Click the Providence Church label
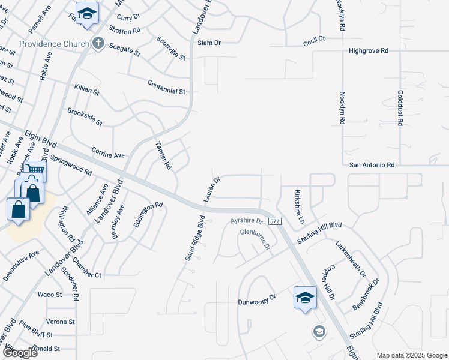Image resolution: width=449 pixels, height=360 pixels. pyautogui.click(x=54, y=44)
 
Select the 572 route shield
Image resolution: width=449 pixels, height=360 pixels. pyautogui.click(x=275, y=221)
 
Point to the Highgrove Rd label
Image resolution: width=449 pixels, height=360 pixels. pyautogui.click(x=369, y=51)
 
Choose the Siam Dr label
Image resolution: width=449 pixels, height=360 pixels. pyautogui.click(x=209, y=43)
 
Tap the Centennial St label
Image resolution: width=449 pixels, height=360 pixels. pyautogui.click(x=166, y=91)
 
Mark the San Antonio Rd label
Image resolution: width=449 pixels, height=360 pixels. pyautogui.click(x=372, y=164)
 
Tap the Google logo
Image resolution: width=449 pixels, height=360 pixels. pyautogui.click(x=20, y=353)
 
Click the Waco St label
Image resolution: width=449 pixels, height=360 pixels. pyautogui.click(x=50, y=295)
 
